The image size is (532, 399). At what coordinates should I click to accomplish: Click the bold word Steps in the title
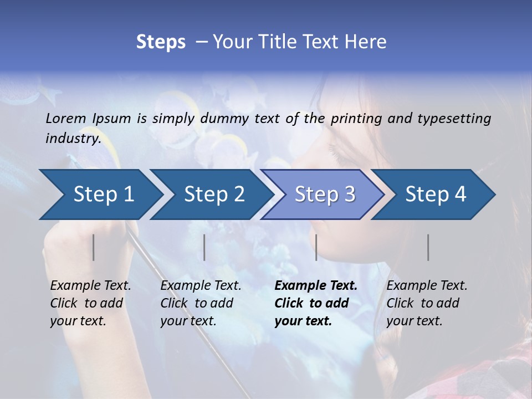coord(161,42)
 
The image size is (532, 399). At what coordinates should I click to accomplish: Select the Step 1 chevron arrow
coord(104,195)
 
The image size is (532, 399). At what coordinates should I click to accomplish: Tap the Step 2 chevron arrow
coord(214,195)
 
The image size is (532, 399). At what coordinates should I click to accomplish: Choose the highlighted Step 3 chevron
coord(325,195)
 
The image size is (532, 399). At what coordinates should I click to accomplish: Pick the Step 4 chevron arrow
coord(436,195)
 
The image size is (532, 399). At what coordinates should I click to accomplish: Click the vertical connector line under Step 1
coord(94,247)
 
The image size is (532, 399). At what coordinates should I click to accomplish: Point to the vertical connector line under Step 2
coord(204,247)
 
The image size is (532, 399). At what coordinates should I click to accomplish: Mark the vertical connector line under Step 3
coord(316,247)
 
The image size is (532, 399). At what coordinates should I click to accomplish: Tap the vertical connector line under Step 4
coord(428,247)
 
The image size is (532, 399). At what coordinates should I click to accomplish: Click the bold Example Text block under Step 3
coord(316,303)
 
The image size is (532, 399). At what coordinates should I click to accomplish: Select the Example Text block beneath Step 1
coord(90,303)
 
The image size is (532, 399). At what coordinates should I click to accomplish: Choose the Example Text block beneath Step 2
coord(201,303)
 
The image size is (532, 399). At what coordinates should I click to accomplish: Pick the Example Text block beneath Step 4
coord(427,303)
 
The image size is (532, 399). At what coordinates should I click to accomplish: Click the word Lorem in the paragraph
coord(66,118)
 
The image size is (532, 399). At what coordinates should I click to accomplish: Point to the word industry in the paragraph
coord(73,139)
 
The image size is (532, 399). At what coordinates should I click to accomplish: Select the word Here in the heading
coord(367,42)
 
